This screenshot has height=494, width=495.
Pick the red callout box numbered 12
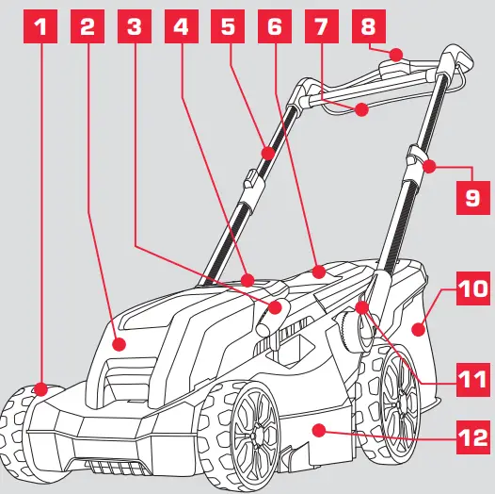471,438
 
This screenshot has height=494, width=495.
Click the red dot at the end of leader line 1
40,387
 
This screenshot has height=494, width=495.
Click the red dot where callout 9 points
429,168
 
